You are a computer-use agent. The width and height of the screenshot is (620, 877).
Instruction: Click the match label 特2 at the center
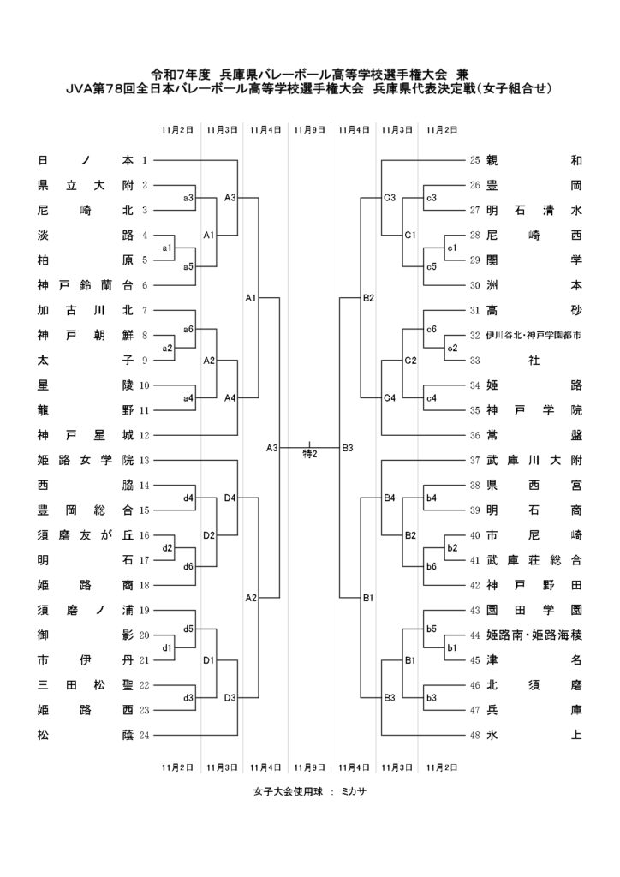(x=310, y=453)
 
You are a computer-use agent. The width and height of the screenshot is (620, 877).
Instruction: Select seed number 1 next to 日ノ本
(x=145, y=160)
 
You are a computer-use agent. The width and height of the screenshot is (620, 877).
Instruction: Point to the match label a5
(x=188, y=266)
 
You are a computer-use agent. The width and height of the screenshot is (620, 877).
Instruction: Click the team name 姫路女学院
(x=86, y=461)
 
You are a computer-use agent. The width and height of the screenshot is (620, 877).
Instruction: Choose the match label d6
(x=188, y=566)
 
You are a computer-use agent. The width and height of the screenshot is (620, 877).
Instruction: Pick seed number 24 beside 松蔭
(x=144, y=734)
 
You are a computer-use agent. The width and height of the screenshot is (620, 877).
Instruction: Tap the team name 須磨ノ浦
(x=86, y=611)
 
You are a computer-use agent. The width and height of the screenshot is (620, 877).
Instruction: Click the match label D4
(x=230, y=498)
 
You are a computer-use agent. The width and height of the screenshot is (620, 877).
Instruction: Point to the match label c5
(x=432, y=266)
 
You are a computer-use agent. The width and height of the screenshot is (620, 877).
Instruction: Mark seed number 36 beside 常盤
(x=475, y=435)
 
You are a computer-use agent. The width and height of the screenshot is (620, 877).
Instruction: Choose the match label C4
(x=389, y=397)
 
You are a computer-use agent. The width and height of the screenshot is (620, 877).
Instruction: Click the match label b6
(x=432, y=566)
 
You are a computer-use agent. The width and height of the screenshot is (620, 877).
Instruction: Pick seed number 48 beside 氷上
(x=475, y=734)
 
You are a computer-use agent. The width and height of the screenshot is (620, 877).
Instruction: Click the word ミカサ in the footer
(x=352, y=791)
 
